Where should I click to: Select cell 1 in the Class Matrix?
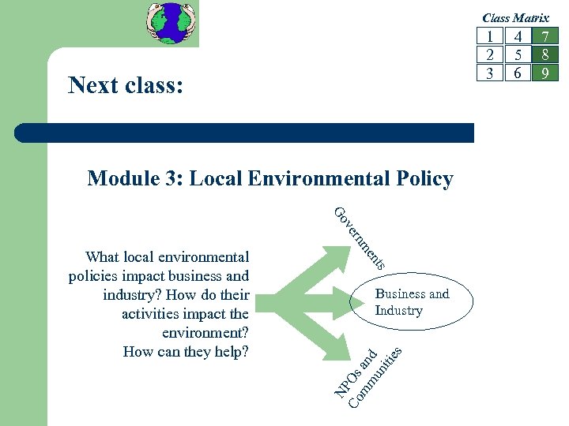pyautogui.click(x=491, y=36)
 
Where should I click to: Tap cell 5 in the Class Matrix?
pyautogui.click(x=518, y=54)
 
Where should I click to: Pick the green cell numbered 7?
pyautogui.click(x=545, y=36)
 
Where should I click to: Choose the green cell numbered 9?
pyautogui.click(x=545, y=73)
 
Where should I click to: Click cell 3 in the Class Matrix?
pyautogui.click(x=491, y=73)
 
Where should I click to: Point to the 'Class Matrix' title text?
pyautogui.click(x=515, y=17)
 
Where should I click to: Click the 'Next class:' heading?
pyautogui.click(x=126, y=84)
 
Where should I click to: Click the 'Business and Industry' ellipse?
pyautogui.click(x=412, y=302)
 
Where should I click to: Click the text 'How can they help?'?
pyautogui.click(x=186, y=352)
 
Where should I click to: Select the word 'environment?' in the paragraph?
pyautogui.click(x=206, y=333)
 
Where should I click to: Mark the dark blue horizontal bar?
pyautogui.click(x=261, y=133)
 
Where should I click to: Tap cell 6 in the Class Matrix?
pyautogui.click(x=518, y=73)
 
